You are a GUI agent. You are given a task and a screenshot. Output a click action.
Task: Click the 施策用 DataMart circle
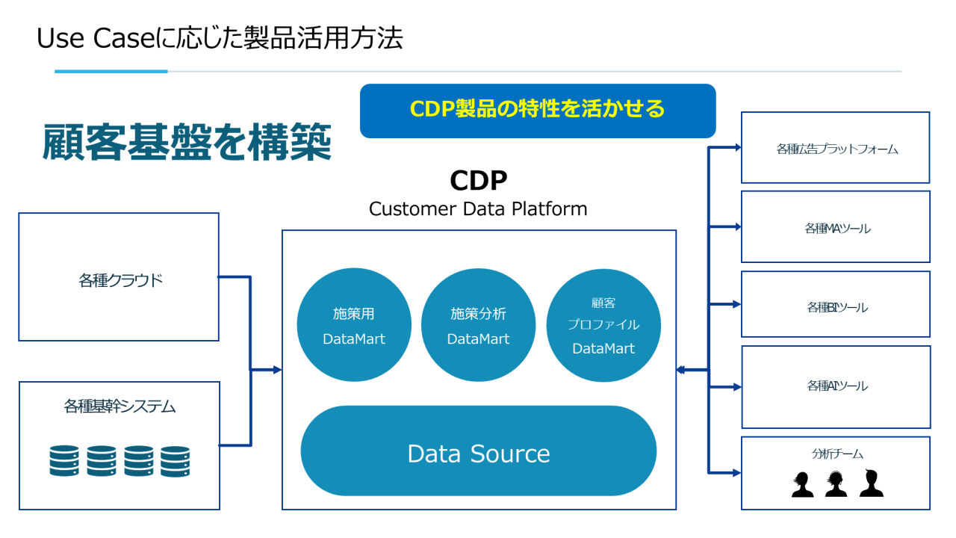(354, 326)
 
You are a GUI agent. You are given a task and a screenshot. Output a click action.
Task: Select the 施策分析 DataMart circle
(478, 326)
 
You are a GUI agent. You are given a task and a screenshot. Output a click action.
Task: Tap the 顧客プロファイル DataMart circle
(603, 326)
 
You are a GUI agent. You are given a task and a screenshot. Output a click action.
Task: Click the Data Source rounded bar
(478, 453)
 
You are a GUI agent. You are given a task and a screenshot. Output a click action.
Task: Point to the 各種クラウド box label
(120, 281)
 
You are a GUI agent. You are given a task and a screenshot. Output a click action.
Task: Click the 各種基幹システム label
(119, 407)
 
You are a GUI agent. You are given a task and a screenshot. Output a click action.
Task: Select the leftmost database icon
(64, 461)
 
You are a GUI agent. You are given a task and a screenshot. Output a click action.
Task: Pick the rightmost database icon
(176, 461)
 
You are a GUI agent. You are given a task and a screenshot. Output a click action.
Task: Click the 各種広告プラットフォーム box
(835, 148)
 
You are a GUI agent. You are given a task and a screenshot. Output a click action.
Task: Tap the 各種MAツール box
(835, 227)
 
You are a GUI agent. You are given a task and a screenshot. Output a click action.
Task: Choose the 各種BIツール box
(835, 306)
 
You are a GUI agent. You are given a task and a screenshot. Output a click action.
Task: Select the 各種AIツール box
(835, 386)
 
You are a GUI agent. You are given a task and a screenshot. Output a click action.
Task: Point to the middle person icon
(836, 483)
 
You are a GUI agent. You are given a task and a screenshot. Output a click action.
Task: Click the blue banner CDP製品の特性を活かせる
(537, 110)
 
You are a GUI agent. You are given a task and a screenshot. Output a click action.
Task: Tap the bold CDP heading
(478, 181)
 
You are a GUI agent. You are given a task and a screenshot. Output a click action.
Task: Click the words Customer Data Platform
(478, 208)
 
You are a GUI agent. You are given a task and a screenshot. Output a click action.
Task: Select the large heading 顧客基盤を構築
(187, 142)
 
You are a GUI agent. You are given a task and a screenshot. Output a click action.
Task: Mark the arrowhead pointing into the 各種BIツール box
(736, 304)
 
